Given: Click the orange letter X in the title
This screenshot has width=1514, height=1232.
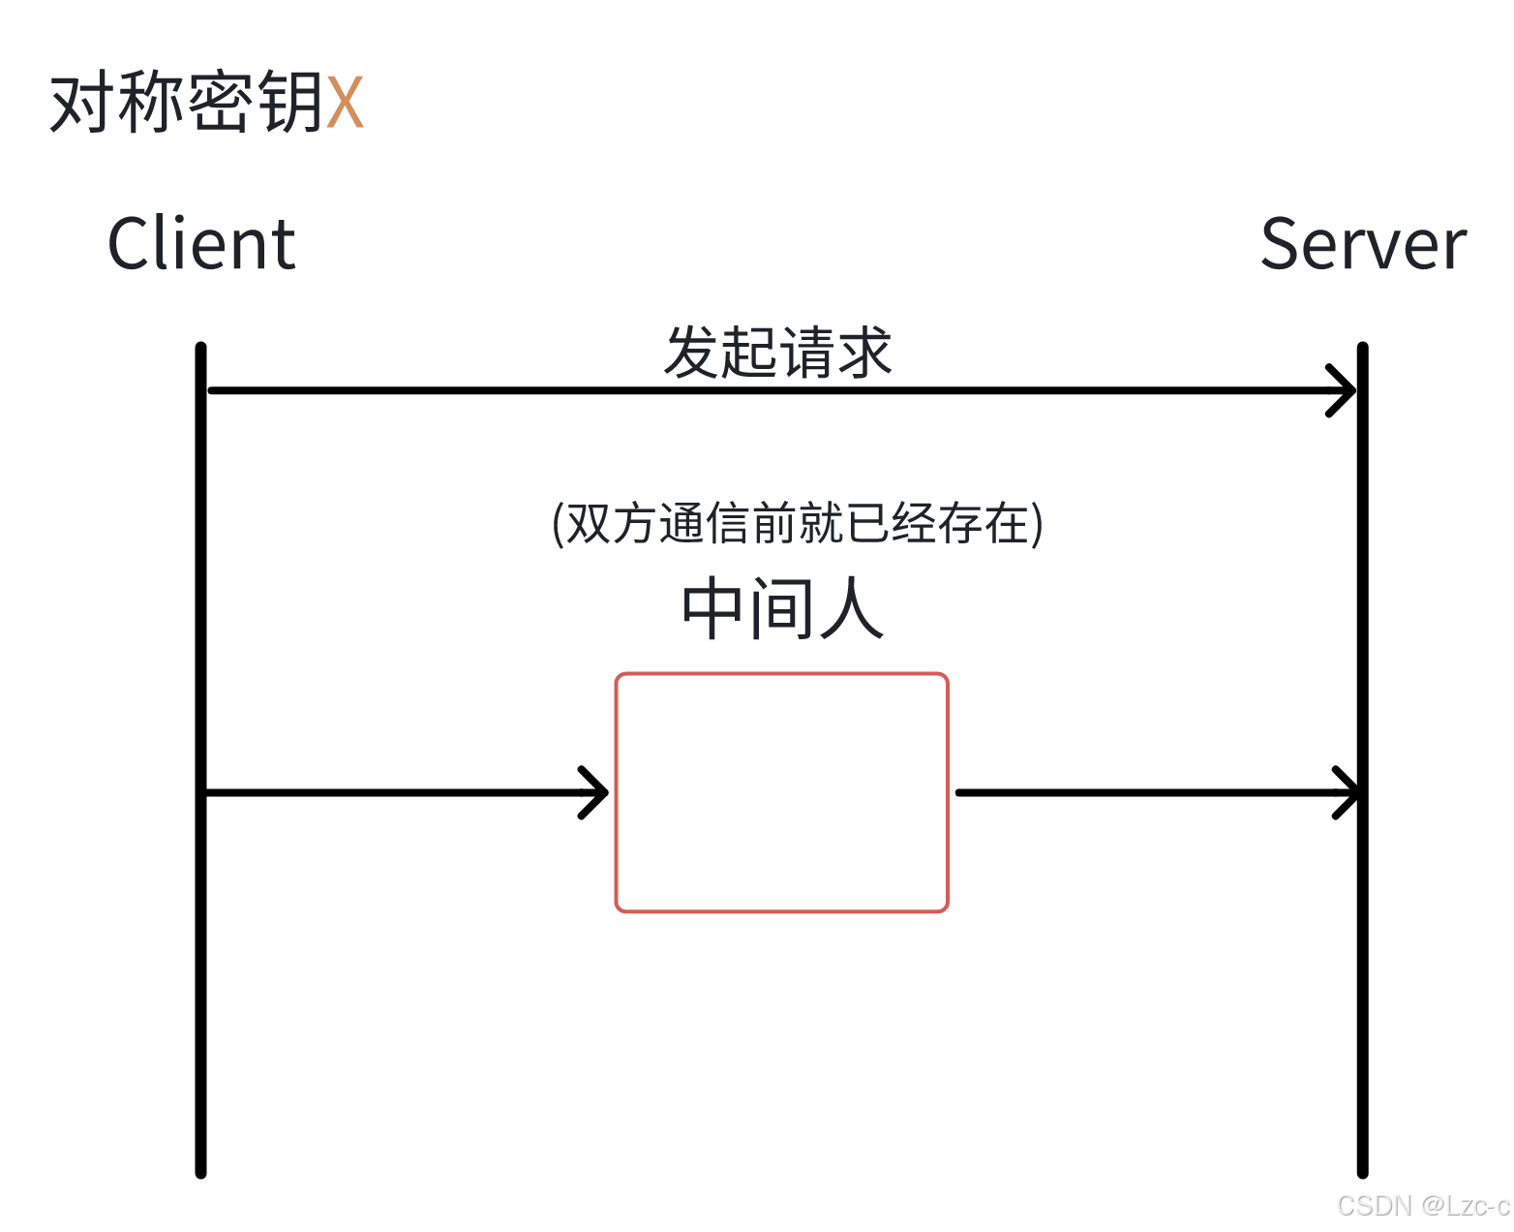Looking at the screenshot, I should (345, 102).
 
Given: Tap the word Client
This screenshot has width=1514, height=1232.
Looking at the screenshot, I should (200, 244).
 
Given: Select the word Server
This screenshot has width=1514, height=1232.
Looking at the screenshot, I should (1363, 244).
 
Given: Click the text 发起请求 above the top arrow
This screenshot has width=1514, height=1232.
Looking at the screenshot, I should (777, 352).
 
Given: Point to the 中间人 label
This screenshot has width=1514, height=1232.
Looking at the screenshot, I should (782, 609).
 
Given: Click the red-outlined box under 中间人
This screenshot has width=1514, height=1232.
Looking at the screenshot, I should (781, 792).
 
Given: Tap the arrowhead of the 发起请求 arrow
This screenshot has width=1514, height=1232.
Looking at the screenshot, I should (1344, 390).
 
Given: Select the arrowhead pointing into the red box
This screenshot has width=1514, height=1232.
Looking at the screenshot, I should (595, 792).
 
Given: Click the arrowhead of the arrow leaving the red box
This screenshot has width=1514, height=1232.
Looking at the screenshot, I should (1347, 792).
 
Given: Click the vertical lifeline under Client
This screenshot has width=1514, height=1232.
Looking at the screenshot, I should (200, 969).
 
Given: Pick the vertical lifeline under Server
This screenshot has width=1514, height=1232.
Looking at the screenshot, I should (1362, 969).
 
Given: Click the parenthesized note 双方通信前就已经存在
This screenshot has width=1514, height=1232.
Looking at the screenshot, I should (797, 524).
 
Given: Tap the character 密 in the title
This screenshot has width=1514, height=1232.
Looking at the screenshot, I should (220, 102).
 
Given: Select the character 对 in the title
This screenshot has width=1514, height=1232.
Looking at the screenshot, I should (82, 102).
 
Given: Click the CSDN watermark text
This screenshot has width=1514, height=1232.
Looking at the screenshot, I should (1421, 1205).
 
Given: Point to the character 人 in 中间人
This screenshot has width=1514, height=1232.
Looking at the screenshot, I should (852, 609).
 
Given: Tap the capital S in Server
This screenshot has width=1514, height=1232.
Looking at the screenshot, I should (1285, 244).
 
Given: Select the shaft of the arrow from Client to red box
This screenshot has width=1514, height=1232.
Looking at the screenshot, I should (387, 792).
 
